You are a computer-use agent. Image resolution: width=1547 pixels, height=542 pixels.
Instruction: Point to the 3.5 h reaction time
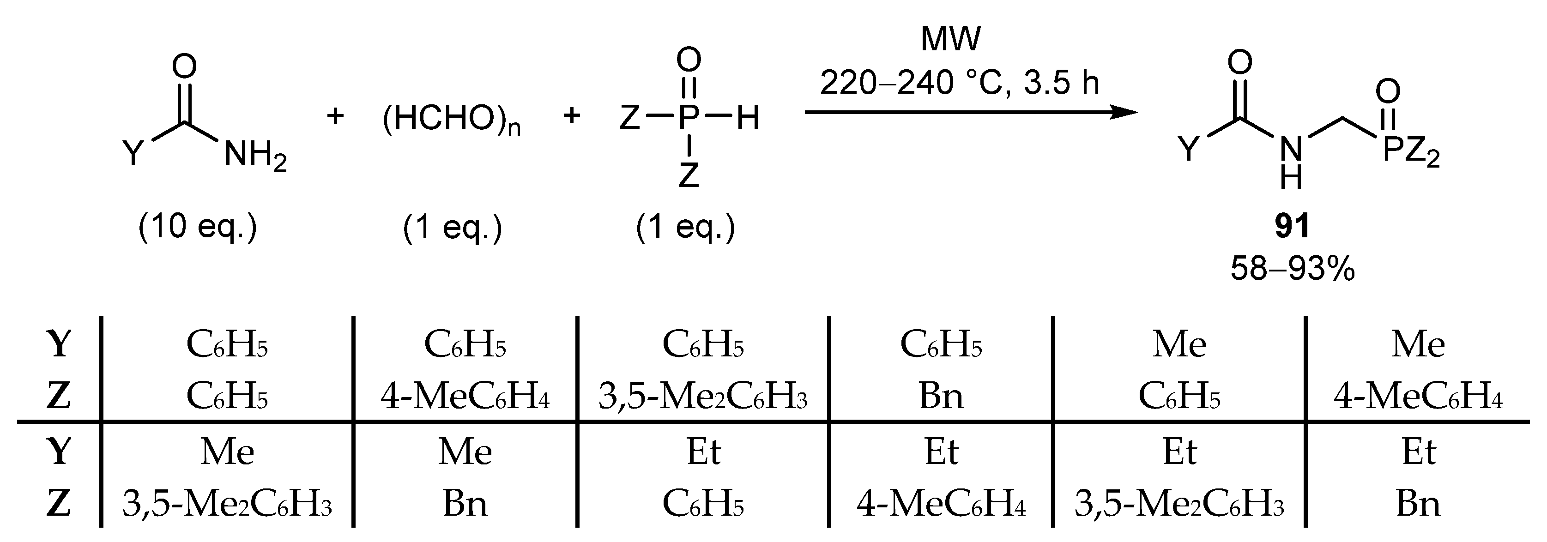(1061, 82)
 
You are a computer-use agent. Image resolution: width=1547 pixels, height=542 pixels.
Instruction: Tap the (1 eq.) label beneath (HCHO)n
(452, 228)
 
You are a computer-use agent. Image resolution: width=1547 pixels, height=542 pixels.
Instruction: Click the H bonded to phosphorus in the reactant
(748, 118)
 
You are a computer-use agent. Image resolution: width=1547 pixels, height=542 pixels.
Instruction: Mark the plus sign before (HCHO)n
(335, 116)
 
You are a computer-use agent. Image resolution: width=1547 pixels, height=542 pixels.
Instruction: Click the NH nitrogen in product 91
(1291, 149)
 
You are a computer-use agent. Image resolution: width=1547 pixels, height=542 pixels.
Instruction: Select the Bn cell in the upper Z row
(941, 397)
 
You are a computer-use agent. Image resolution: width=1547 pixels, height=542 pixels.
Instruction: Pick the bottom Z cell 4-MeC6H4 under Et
(941, 504)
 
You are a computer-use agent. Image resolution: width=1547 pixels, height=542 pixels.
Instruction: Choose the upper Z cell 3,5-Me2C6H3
(703, 397)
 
